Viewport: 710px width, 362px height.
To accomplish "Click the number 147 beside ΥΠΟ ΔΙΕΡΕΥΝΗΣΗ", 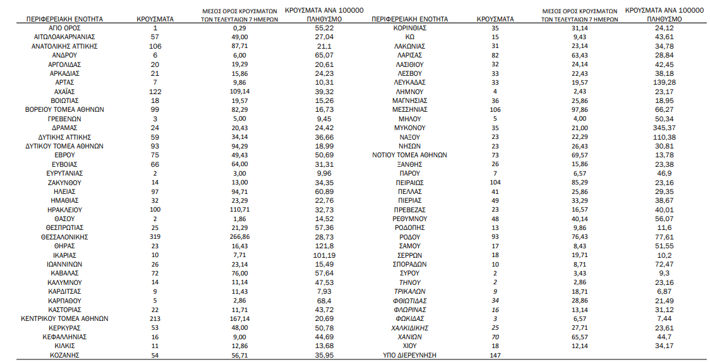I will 495,355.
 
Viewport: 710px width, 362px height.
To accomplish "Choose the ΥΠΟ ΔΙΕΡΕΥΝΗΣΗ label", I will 409,355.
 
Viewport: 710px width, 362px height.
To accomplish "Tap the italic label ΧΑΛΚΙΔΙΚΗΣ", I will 409,328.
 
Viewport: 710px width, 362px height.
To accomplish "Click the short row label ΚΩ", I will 409,37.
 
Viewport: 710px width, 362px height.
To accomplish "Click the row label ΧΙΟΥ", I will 409,346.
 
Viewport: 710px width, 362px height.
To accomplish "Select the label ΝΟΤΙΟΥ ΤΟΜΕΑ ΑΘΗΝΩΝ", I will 409,155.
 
